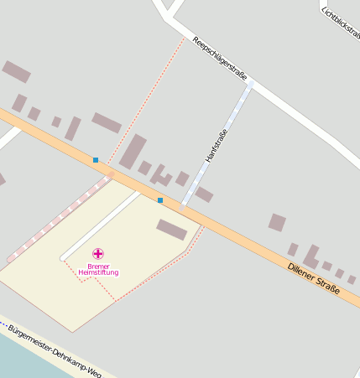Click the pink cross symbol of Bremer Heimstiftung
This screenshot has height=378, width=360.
[x=98, y=253]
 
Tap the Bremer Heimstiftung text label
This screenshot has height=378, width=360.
[x=98, y=269]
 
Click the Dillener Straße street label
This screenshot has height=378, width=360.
[x=313, y=279]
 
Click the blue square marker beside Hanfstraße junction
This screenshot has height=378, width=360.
[x=160, y=200]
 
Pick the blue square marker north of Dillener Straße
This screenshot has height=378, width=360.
[x=96, y=160]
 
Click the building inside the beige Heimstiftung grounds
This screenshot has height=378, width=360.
[x=171, y=229]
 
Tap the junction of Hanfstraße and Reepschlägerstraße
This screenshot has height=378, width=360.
[x=249, y=84]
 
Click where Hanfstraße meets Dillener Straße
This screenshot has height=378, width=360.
[x=183, y=207]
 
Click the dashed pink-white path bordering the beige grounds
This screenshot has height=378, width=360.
[x=59, y=217]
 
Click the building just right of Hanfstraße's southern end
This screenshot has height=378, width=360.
[x=204, y=194]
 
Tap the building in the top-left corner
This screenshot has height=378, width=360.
[x=16, y=71]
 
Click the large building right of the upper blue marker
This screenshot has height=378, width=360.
[x=133, y=152]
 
